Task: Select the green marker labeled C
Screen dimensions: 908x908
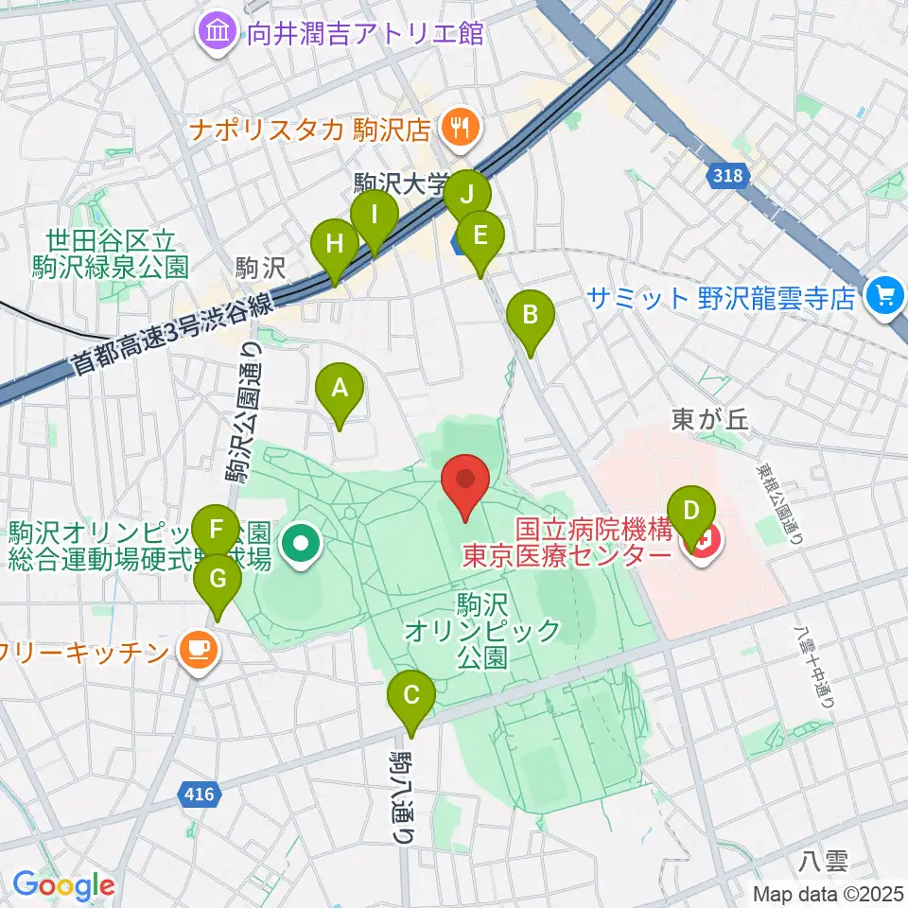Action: (411, 696)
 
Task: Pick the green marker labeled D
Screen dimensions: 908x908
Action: (691, 512)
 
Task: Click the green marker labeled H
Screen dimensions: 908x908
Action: (334, 245)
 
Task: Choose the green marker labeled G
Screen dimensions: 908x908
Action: (217, 579)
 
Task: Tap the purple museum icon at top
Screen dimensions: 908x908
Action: (217, 34)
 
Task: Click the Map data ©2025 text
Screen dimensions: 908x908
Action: (829, 893)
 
